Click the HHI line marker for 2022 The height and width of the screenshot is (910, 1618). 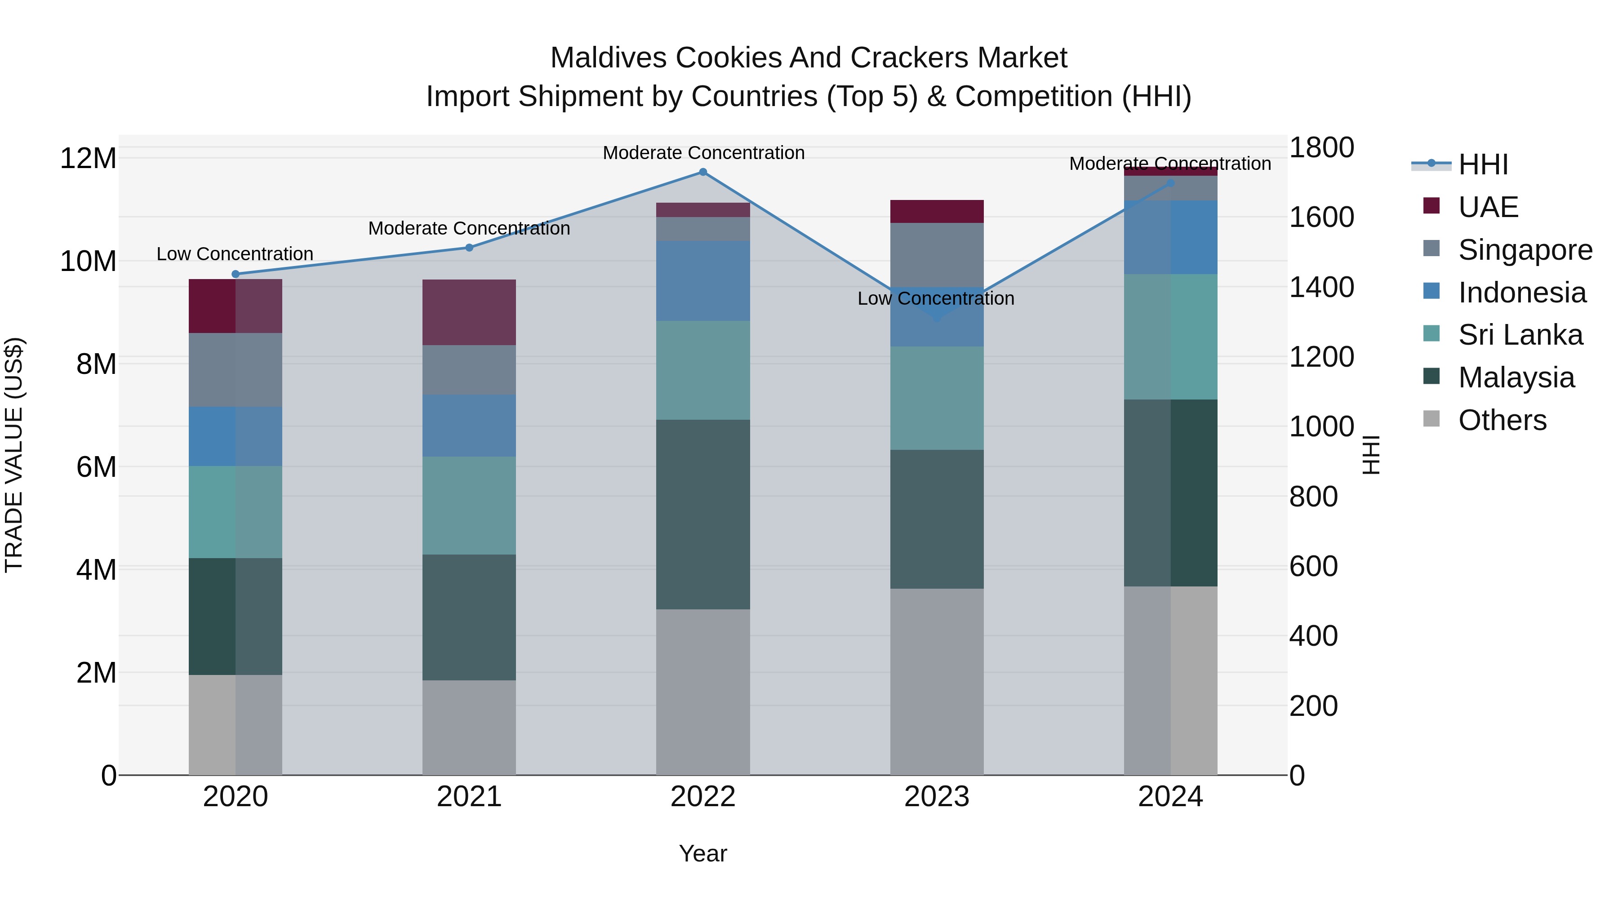click(x=703, y=172)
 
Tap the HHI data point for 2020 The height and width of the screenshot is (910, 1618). click(x=236, y=274)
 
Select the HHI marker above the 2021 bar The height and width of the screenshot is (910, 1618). click(x=469, y=248)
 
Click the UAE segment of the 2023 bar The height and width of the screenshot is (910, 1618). click(x=937, y=212)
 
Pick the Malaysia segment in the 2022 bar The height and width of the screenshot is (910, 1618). click(x=703, y=515)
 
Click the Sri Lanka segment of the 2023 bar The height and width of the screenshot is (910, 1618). click(x=937, y=398)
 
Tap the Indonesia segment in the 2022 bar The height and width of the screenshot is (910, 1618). click(x=703, y=281)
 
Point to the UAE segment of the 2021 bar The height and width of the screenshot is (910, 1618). click(x=469, y=312)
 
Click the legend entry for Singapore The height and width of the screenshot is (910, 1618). click(x=1525, y=250)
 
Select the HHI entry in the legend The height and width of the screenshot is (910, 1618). click(x=1482, y=164)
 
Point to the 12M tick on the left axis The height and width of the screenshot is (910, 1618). click(x=88, y=158)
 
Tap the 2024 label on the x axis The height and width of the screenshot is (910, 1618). click(x=1170, y=797)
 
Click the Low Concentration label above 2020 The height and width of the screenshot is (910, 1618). click(x=235, y=254)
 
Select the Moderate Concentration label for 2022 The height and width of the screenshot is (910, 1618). click(x=703, y=153)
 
